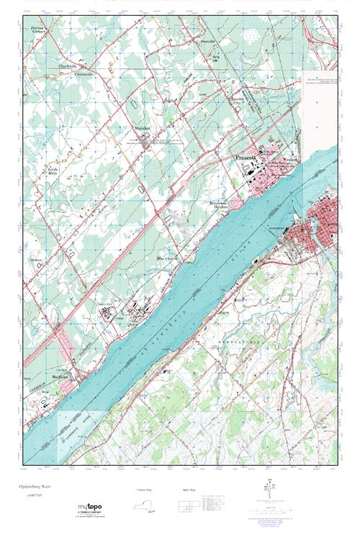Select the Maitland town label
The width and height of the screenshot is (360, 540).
[60, 375]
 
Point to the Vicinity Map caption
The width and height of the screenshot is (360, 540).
[146, 490]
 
